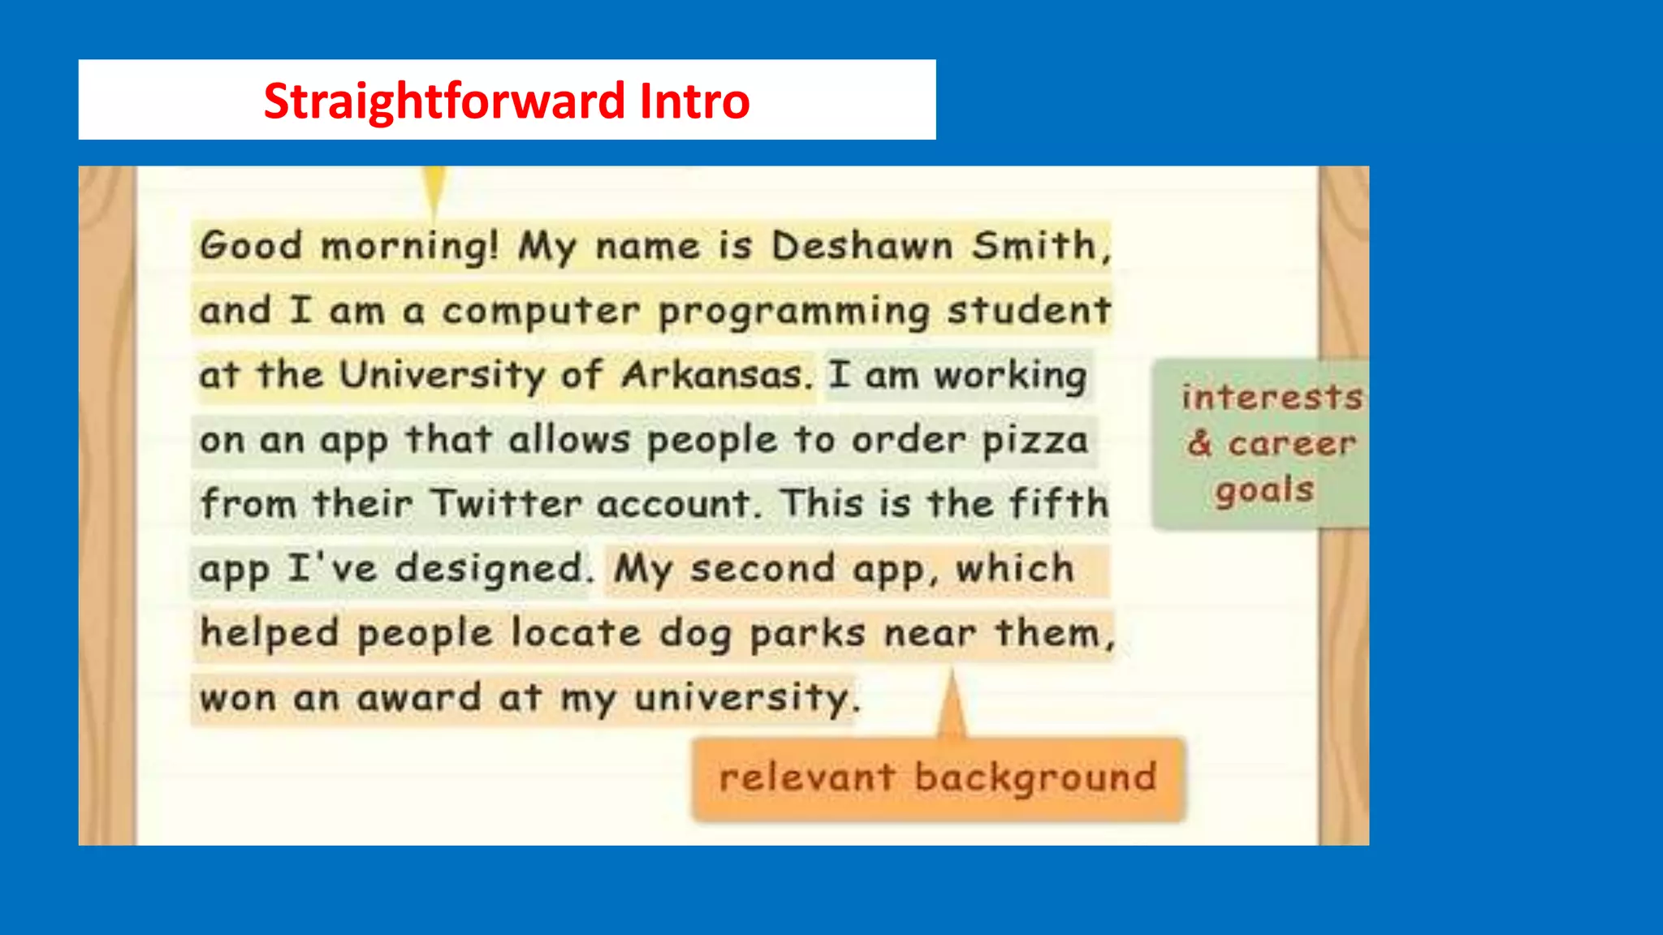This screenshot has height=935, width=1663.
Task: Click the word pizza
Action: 1035,441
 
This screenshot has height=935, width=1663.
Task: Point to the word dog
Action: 695,634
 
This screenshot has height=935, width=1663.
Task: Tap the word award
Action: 419,698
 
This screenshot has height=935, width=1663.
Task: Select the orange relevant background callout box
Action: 938,778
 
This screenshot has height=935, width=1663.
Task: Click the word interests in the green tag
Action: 1272,397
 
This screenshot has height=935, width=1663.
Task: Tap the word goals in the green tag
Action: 1264,491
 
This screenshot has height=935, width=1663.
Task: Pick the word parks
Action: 807,634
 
